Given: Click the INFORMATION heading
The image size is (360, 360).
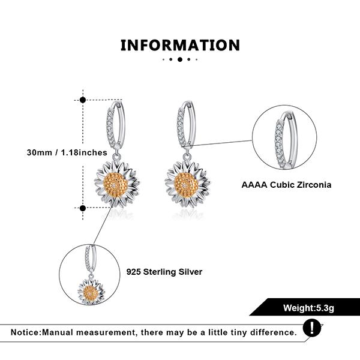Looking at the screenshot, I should [x=180, y=45].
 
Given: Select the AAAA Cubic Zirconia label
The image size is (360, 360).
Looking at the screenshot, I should [x=286, y=185].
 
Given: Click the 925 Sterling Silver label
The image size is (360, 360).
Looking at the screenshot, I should [x=164, y=272].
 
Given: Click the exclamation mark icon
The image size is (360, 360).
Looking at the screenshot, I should [x=311, y=328].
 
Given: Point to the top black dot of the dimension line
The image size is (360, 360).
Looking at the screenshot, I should [x=83, y=100].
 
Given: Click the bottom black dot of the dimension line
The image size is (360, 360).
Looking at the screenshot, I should [x=83, y=208].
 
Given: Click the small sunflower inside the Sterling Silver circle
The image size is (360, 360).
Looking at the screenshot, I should [x=89, y=291].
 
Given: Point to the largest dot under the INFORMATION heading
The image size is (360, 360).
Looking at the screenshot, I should [x=179, y=60].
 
